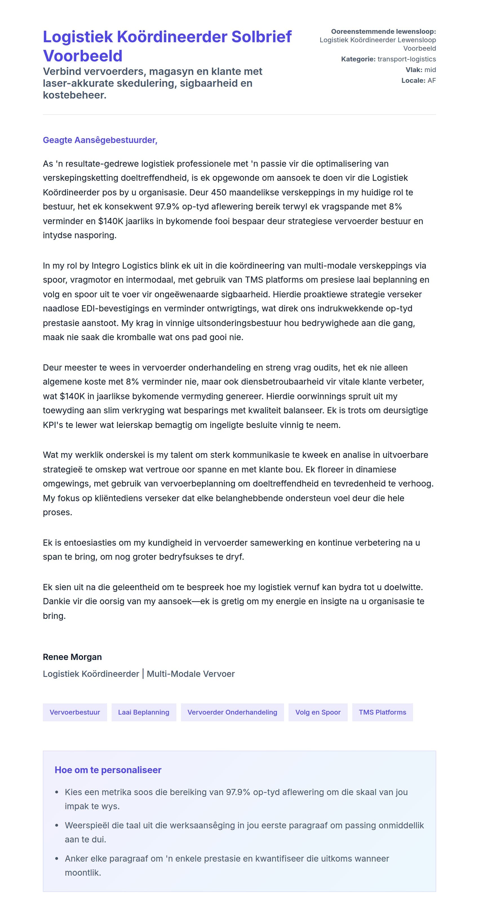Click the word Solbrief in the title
(261, 37)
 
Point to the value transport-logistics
(407, 59)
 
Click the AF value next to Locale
(432, 81)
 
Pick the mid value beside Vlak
(430, 70)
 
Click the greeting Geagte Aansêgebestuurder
(100, 140)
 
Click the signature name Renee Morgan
(72, 657)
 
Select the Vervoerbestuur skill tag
(75, 712)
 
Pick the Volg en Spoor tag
(318, 712)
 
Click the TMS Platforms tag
(382, 712)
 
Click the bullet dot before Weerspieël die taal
(57, 826)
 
